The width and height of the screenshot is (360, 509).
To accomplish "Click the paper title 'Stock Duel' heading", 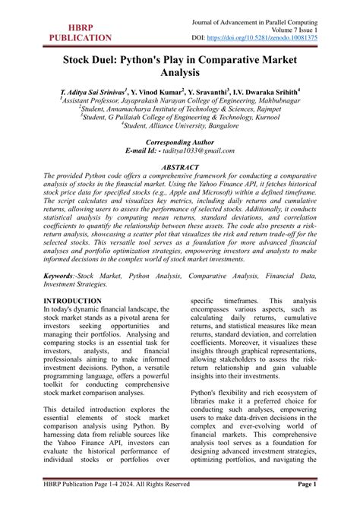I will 179,66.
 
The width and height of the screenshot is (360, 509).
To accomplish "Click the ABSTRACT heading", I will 179,167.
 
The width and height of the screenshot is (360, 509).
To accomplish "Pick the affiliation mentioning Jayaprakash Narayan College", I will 179,100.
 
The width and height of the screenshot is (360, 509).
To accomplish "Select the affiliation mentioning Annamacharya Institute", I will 179,109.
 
